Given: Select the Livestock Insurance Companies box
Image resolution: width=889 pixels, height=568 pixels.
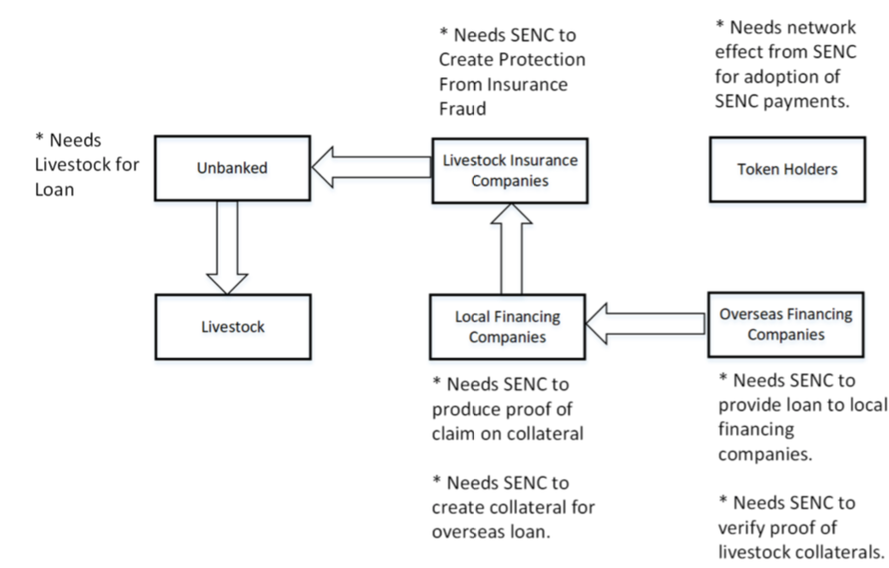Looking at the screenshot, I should [509, 170].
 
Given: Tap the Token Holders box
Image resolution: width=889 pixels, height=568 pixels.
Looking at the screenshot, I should [787, 170].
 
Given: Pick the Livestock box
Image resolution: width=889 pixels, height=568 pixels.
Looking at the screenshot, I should [232, 326].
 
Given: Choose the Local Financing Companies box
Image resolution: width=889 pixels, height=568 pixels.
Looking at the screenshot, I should [507, 326].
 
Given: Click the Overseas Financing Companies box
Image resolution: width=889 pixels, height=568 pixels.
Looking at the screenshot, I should [786, 325].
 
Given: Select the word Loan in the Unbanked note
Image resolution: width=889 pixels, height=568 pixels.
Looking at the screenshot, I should [53, 189].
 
